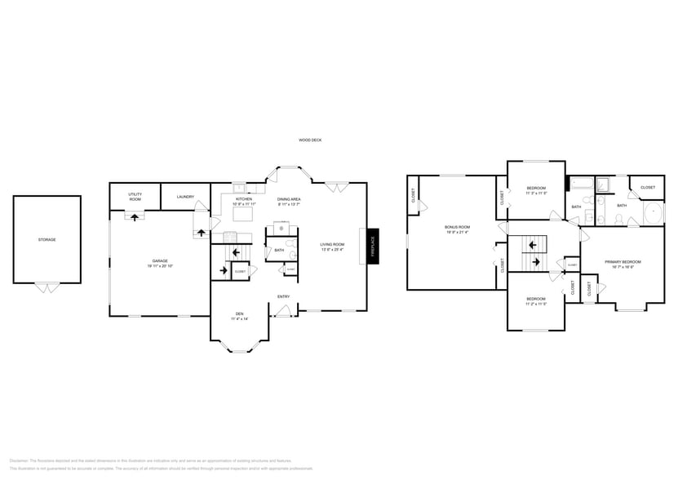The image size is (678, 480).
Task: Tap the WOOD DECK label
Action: [310, 140]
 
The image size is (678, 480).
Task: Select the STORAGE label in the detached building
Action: [47, 239]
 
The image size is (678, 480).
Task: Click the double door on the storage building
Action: [47, 287]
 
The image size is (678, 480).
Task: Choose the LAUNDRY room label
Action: [184, 196]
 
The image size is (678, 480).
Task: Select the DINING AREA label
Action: [289, 198]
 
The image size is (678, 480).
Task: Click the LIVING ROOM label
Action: [332, 244]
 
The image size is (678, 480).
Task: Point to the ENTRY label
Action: [283, 296]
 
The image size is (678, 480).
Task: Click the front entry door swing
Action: [284, 310]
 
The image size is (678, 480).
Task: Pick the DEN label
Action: [239, 313]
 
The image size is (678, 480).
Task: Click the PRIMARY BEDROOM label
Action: [623, 261]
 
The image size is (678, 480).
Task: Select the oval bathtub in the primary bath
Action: [654, 215]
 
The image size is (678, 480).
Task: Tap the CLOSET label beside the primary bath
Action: [647, 188]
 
